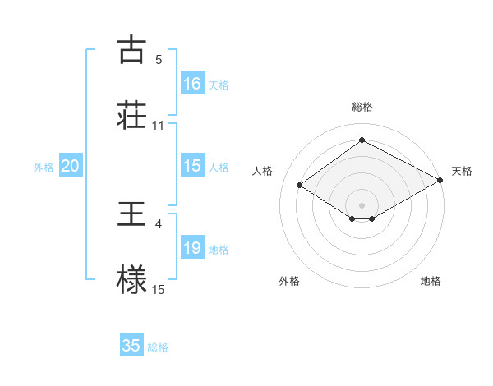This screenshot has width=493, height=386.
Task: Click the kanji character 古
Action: tap(132, 50)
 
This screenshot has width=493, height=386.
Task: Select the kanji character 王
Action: tap(132, 214)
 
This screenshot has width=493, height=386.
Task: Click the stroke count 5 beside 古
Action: tap(159, 60)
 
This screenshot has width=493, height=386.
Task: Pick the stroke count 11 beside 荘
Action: tap(159, 125)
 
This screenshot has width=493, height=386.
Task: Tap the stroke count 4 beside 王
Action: tap(159, 223)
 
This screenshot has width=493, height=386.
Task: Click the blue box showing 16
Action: tap(192, 84)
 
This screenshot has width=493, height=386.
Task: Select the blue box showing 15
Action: tap(192, 166)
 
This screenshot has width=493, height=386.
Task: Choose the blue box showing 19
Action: tap(192, 248)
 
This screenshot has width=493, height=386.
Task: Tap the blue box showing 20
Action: tap(71, 166)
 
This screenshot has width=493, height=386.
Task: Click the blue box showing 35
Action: tap(131, 346)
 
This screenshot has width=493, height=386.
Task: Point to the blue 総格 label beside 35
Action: tap(158, 347)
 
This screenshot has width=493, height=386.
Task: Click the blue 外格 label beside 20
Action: tap(44, 168)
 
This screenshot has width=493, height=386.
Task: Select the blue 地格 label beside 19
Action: tap(219, 250)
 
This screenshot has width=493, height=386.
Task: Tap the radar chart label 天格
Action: tap(462, 171)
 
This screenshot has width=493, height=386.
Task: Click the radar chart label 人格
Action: tap(263, 171)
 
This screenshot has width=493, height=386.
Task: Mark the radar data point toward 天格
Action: tap(440, 181)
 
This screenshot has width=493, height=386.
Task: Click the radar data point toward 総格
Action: tap(362, 140)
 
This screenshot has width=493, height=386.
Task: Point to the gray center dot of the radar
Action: tap(362, 204)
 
